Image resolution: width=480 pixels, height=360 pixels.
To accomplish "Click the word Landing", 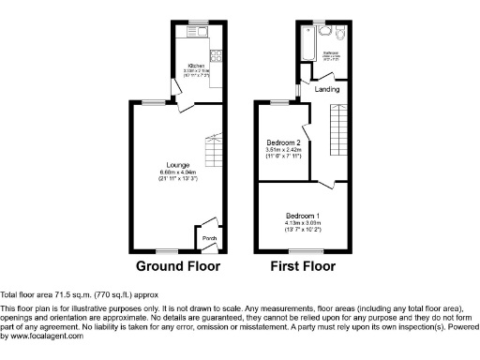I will point(326,90).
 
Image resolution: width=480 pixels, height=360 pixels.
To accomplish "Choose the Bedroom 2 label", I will point(282,142).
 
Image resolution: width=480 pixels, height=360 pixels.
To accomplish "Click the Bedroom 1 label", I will point(302,216).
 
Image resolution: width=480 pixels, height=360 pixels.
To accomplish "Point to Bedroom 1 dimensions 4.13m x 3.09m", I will point(302,222).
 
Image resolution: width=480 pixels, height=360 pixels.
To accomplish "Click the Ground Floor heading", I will point(178,266).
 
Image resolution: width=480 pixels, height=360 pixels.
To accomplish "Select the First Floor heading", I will point(303,266).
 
